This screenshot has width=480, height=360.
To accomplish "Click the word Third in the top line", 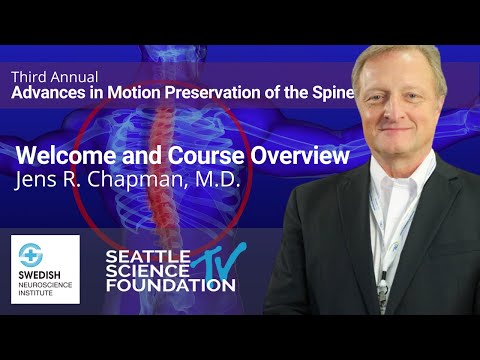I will point(29,77).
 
